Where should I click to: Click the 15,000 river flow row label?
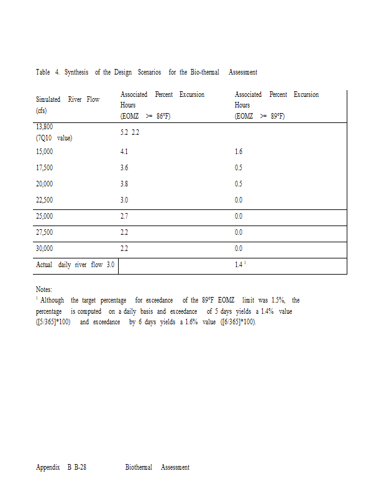click(44, 152)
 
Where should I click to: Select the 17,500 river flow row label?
click(44, 168)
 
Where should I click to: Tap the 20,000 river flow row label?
click(44, 184)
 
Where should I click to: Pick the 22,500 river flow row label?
click(44, 200)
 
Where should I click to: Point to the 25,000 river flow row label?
click(44, 216)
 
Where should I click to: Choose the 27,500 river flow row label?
click(44, 232)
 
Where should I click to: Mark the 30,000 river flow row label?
click(44, 248)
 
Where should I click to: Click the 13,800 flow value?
click(44, 126)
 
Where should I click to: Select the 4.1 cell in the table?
click(124, 152)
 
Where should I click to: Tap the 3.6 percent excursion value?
click(124, 168)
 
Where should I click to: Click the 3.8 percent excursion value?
click(124, 184)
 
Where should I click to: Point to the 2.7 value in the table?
click(124, 216)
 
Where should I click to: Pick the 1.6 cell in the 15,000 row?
click(239, 152)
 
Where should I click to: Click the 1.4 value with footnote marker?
click(239, 265)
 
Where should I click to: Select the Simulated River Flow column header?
click(67, 99)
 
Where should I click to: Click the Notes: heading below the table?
click(44, 290)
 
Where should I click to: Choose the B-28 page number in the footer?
click(80, 467)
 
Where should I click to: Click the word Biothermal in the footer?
click(139, 467)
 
